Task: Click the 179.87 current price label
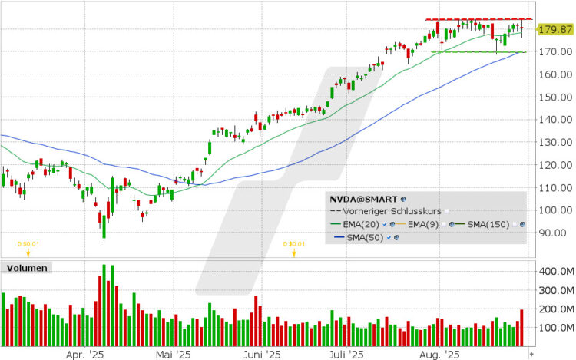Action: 554,29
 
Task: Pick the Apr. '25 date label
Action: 84,355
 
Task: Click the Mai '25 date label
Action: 174,355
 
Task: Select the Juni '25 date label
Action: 263,355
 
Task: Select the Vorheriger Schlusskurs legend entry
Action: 392,210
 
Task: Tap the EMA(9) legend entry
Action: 424,223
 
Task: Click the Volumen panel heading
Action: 27,269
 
